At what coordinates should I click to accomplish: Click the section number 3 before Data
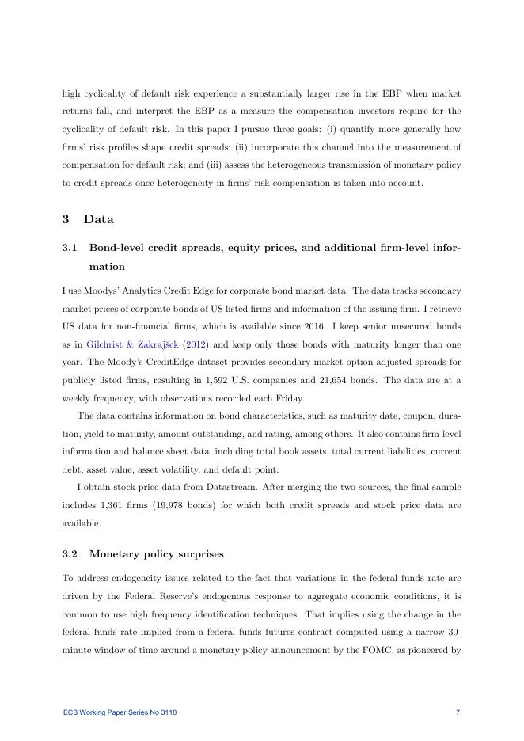(66, 219)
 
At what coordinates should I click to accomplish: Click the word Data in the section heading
(99, 219)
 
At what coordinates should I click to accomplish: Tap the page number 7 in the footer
(458, 712)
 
